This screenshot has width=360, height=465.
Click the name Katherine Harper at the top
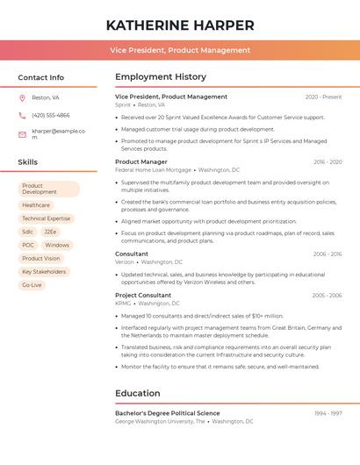180,25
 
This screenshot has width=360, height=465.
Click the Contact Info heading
40,77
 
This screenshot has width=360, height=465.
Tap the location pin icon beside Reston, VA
22,97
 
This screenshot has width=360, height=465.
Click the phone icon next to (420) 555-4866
22,115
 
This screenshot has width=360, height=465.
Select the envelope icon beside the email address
22,134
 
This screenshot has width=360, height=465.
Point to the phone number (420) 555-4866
50,115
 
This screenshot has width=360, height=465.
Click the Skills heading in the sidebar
28,162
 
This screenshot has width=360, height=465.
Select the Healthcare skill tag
36,205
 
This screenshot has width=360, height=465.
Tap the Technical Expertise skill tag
47,218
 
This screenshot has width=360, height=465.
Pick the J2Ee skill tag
51,232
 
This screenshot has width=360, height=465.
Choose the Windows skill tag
57,245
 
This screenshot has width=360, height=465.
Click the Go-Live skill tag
32,285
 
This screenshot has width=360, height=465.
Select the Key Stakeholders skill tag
44,272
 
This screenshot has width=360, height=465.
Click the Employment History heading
161,77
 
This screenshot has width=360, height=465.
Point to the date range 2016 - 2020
328,162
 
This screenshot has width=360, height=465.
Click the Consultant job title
132,254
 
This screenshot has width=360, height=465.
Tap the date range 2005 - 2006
327,296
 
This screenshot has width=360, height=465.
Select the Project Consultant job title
143,296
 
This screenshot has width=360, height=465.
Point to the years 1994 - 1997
328,413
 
